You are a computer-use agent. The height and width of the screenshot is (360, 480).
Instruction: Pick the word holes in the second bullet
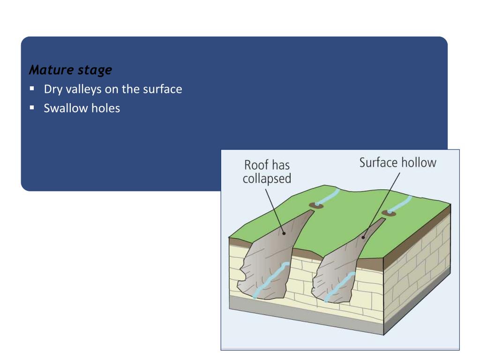105,108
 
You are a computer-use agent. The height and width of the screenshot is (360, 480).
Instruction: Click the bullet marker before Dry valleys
32,88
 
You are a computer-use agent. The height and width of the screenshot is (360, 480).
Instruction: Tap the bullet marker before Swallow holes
32,107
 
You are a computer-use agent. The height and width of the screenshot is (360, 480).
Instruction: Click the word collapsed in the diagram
267,179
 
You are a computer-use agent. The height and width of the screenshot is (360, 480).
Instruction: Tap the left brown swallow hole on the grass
315,205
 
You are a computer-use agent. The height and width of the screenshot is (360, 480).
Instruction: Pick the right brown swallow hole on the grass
389,214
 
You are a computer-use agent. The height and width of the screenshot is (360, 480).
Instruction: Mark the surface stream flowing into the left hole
328,196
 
